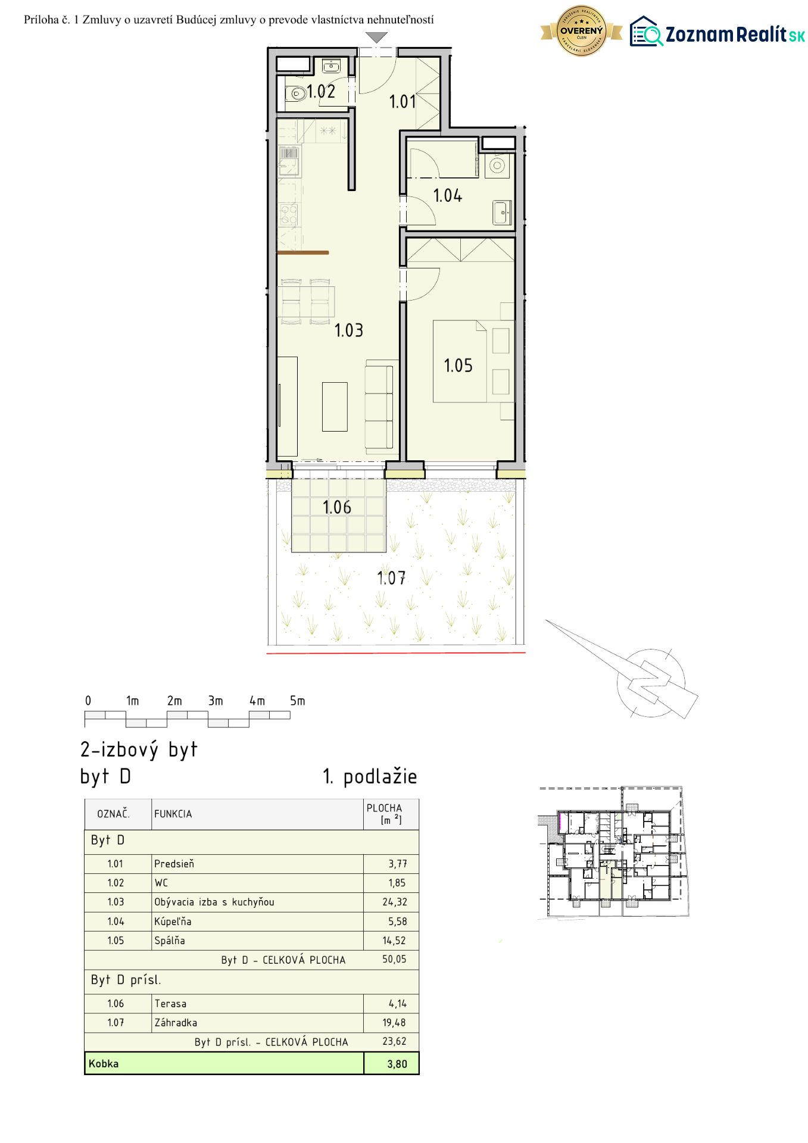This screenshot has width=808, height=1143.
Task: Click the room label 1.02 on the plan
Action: coord(321,92)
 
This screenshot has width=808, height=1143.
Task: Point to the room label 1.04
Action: coord(447,195)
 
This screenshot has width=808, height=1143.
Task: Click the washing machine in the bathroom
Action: coord(497,165)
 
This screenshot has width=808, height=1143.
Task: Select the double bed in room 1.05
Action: coord(460,361)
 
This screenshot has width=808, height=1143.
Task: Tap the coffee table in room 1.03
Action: coord(335,407)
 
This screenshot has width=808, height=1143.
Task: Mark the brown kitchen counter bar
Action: coord(303,253)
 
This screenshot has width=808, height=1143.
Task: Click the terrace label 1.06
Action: coord(336,507)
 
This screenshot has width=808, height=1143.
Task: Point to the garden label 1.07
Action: coord(391,577)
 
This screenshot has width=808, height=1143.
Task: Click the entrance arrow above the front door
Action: coord(376,38)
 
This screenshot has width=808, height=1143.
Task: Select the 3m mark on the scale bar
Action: coord(216,701)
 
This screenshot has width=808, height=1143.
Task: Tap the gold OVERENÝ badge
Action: coord(582,31)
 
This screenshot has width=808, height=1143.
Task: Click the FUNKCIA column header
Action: coord(173,814)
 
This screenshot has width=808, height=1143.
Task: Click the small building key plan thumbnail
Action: coord(613,853)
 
